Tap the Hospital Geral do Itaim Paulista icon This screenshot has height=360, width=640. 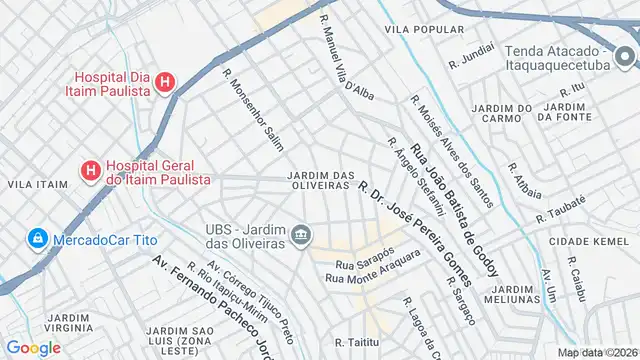90,171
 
